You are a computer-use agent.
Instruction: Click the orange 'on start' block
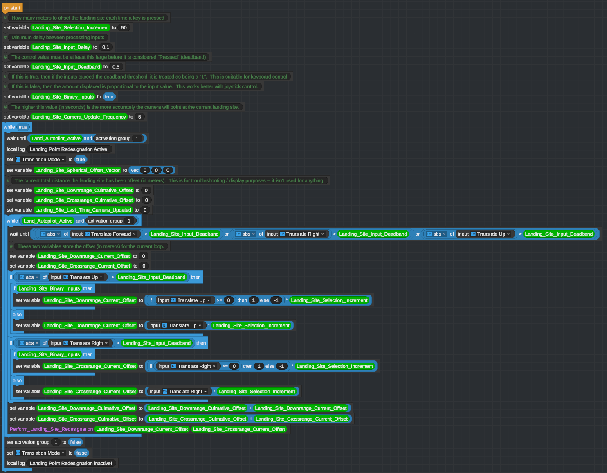point(12,8)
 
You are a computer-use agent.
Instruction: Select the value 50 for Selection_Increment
point(124,28)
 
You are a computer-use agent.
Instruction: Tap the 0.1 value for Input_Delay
point(106,47)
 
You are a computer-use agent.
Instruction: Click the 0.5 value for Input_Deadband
point(116,67)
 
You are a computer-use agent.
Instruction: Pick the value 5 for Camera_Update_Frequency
point(139,117)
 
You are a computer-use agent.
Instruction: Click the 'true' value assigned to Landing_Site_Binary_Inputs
point(109,97)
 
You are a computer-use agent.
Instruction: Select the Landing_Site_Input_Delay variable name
point(61,47)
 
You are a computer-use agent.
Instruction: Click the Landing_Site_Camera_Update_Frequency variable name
point(79,117)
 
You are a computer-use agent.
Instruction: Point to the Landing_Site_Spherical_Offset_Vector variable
point(77,170)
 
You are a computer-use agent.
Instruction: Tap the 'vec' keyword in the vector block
point(135,170)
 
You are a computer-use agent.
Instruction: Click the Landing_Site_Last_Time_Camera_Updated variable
point(83,210)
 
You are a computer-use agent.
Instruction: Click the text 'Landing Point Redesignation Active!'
point(69,149)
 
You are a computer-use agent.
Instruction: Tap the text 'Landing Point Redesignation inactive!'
point(71,463)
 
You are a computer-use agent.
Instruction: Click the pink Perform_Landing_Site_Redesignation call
point(52,429)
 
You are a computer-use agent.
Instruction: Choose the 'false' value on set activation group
point(75,442)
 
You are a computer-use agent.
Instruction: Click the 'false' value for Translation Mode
point(81,453)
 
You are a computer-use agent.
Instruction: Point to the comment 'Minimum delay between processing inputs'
point(58,38)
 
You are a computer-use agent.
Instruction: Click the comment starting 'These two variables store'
point(90,246)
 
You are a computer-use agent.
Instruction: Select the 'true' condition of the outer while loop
point(23,127)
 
